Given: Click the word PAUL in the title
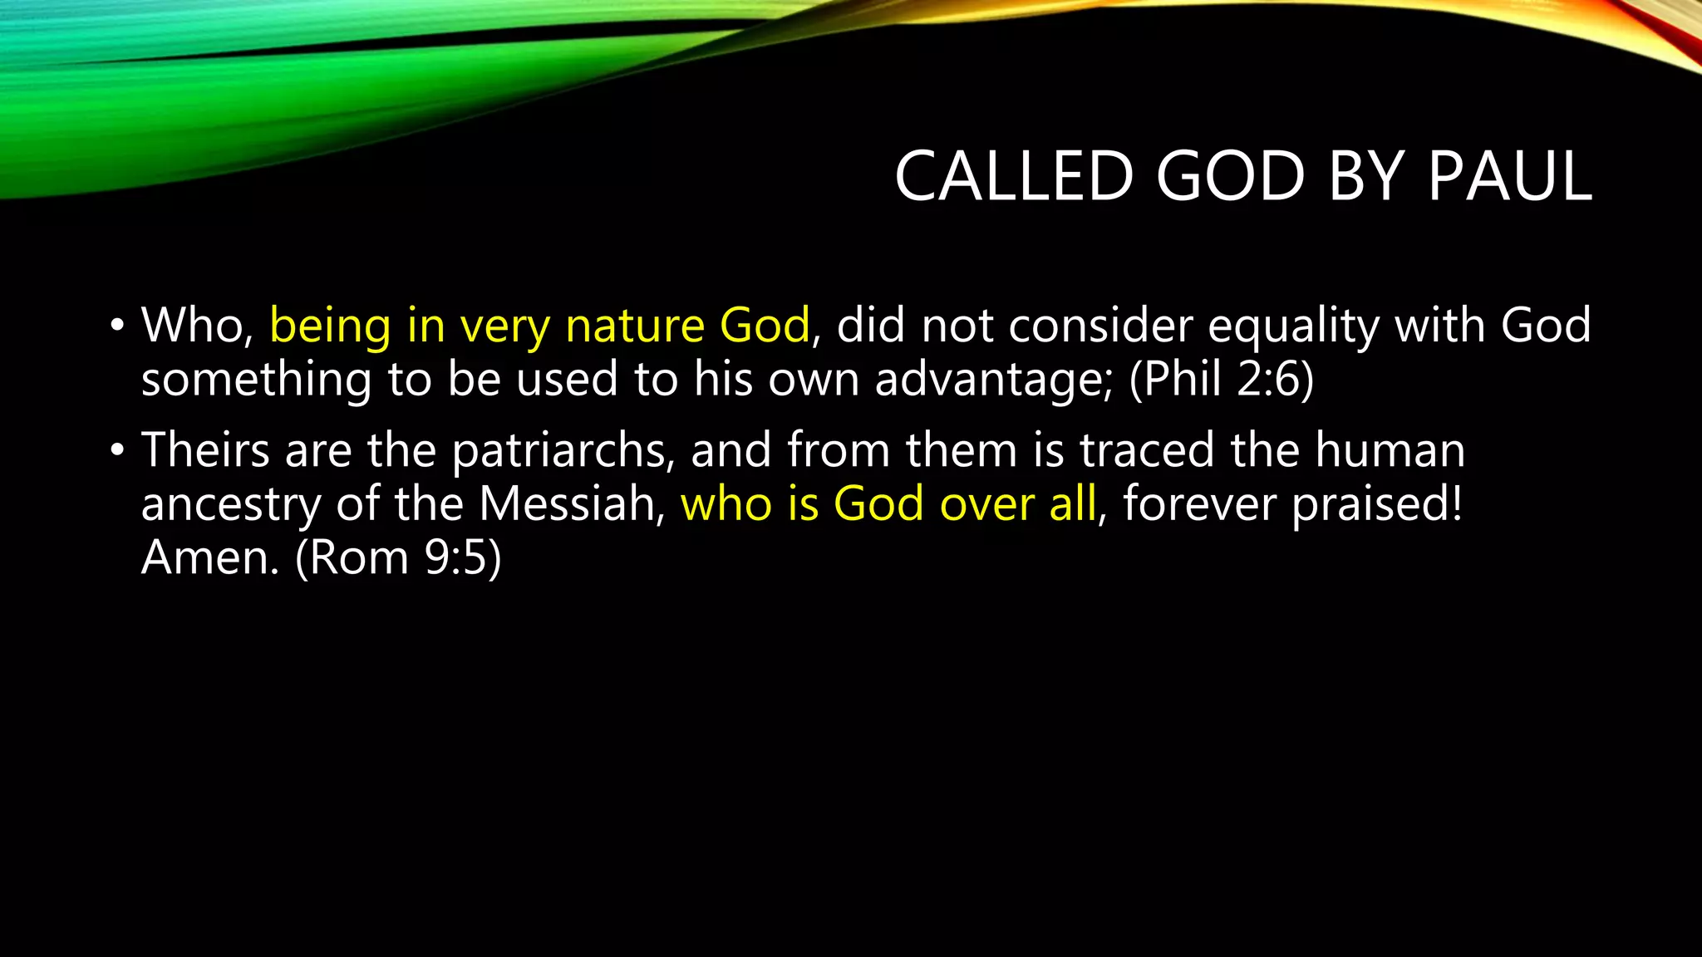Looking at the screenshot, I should click(x=1509, y=176).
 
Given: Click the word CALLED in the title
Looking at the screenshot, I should click(x=1014, y=176).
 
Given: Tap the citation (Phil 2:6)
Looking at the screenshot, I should click(x=1222, y=380).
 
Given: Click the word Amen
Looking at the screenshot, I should click(x=209, y=557).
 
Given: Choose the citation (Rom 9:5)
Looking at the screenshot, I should click(x=399, y=557).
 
